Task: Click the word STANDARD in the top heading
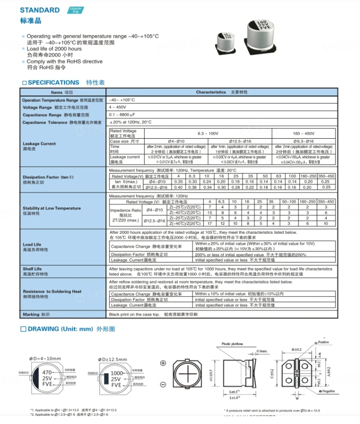(x=40, y=10)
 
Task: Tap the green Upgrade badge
(x=76, y=10)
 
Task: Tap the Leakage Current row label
(x=39, y=144)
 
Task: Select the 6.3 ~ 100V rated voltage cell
(x=207, y=133)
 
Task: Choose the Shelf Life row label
(x=32, y=269)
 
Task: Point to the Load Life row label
(x=32, y=244)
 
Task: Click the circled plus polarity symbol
(x=163, y=363)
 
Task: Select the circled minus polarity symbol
(x=163, y=385)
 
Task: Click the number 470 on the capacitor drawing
(x=47, y=373)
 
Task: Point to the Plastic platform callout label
(x=232, y=344)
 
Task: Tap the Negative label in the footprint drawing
(x=328, y=391)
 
